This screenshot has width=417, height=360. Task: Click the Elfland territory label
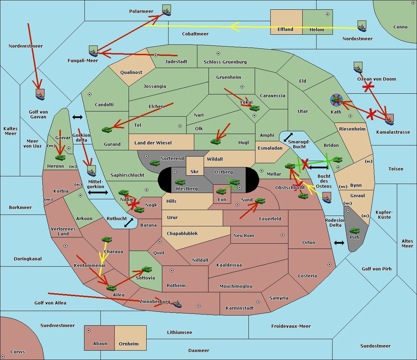point(285,30)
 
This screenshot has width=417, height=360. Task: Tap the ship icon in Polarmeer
point(167,10)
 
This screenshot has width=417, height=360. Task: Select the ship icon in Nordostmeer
point(362,26)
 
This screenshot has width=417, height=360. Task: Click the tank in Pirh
point(354,231)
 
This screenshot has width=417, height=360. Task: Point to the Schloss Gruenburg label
point(225,62)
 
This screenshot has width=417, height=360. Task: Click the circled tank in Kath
point(336,100)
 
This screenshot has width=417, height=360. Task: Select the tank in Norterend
point(155,163)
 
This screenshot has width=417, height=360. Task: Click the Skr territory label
point(194,172)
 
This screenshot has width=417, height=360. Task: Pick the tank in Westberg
point(180,182)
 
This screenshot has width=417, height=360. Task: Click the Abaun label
point(100,344)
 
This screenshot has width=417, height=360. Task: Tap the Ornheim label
point(129,344)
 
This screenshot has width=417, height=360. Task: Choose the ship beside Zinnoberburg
point(177,304)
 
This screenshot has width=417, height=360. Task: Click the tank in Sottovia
point(147,269)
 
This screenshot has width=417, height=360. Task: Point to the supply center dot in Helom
point(327,14)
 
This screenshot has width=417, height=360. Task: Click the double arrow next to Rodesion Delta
point(339,243)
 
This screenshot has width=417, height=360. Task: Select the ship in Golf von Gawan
point(40,94)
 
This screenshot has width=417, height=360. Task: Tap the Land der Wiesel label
point(153,143)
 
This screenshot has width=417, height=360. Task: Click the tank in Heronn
point(60,158)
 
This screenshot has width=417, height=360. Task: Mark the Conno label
point(400,27)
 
